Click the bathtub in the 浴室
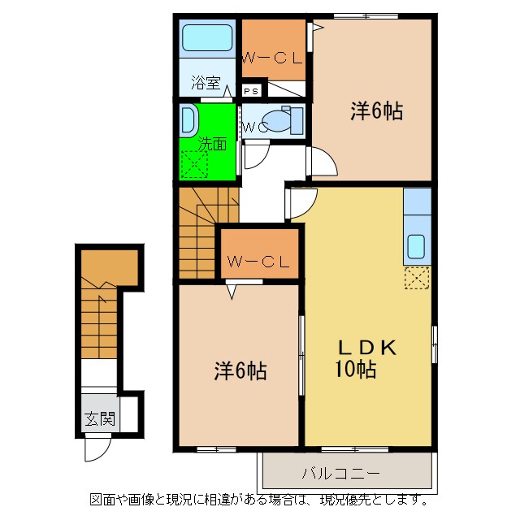pyautogui.click(x=207, y=38)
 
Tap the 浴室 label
pyautogui.click(x=206, y=83)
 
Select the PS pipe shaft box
pyautogui.click(x=251, y=91)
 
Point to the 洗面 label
pyautogui.click(x=212, y=144)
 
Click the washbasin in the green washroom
pyautogui.click(x=188, y=121)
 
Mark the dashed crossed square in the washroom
pyautogui.click(x=194, y=164)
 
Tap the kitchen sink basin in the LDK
pyautogui.click(x=416, y=246)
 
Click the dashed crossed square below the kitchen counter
pyautogui.click(x=417, y=277)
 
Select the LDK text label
pyautogui.click(x=366, y=348)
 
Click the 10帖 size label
pyautogui.click(x=356, y=369)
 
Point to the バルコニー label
pyautogui.click(x=340, y=473)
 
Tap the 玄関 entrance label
pyautogui.click(x=100, y=419)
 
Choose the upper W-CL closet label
pyautogui.click(x=273, y=58)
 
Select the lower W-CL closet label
pyautogui.click(x=258, y=262)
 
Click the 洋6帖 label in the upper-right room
pyautogui.click(x=377, y=110)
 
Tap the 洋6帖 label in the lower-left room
pyautogui.click(x=240, y=370)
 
